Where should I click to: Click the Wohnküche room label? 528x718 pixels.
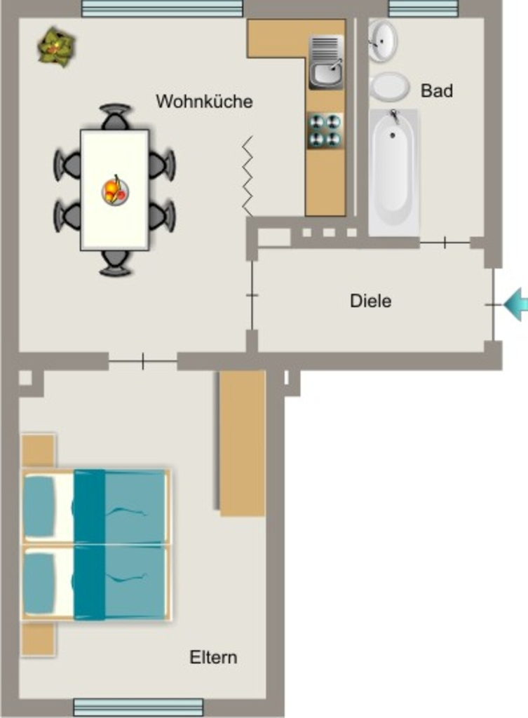204,101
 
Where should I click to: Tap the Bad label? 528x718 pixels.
437,90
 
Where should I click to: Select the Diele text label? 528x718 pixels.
370,301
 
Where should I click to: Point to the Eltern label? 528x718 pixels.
213,657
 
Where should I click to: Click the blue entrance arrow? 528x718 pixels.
517,304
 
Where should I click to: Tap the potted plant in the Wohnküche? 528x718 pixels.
56,46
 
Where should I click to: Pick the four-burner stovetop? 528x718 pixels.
325,130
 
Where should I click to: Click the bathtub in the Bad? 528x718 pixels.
393,172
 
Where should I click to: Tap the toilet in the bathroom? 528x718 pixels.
389,86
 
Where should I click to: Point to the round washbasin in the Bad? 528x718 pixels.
383,40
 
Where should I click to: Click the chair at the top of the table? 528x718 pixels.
115,117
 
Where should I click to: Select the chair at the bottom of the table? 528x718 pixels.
116,263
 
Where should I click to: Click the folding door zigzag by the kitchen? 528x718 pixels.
248,176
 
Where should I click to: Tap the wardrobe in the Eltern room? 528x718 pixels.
242,443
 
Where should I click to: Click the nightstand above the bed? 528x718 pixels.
39,451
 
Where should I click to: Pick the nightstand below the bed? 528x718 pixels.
39,639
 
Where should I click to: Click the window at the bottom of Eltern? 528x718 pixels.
138,707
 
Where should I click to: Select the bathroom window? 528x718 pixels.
423,8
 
